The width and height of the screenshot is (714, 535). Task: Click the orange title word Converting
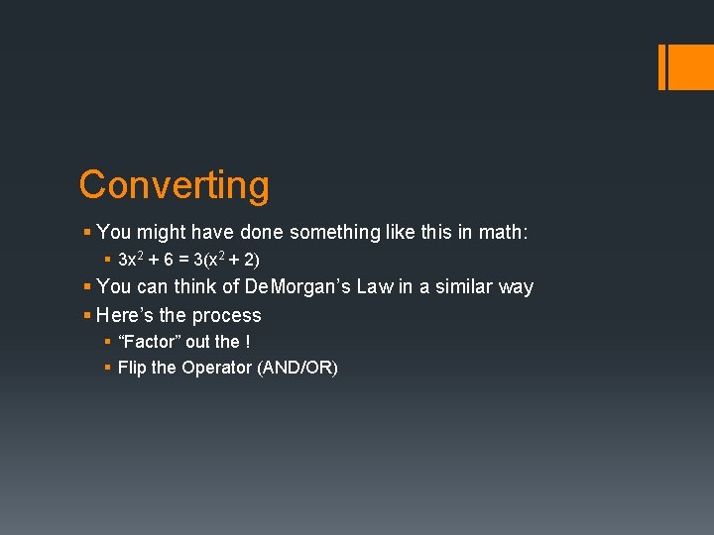coord(174,185)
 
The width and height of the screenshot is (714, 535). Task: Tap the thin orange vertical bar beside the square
coord(662,66)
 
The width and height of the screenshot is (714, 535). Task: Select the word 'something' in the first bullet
coord(338,233)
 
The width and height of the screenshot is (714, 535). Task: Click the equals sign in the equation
coord(184,260)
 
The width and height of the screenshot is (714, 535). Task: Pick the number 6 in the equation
coord(169,260)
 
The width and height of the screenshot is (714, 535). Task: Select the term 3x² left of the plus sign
coord(132,260)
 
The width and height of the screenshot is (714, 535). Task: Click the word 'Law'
coord(374,287)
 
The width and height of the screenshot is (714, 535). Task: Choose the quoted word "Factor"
coord(149,342)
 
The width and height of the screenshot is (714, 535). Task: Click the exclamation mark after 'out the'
coord(247,342)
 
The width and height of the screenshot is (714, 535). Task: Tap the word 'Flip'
coord(132,368)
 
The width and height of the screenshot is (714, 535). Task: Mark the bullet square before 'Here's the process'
coord(87,316)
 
